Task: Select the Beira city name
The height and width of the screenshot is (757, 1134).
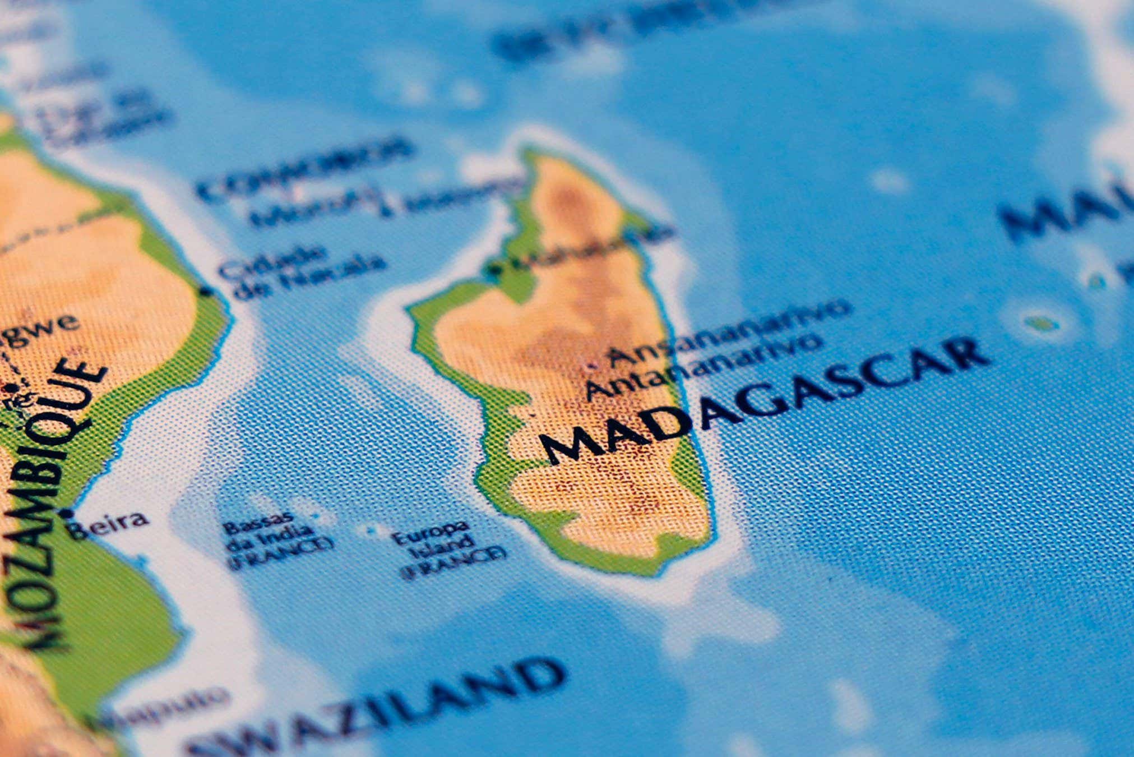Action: tap(110, 525)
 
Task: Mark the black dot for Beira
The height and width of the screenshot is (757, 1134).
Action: tap(68, 513)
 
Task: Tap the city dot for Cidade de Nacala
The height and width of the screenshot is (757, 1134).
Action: tap(206, 292)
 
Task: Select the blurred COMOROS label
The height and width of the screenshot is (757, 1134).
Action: tap(306, 168)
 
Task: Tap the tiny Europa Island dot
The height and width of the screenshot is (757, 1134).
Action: tap(371, 529)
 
